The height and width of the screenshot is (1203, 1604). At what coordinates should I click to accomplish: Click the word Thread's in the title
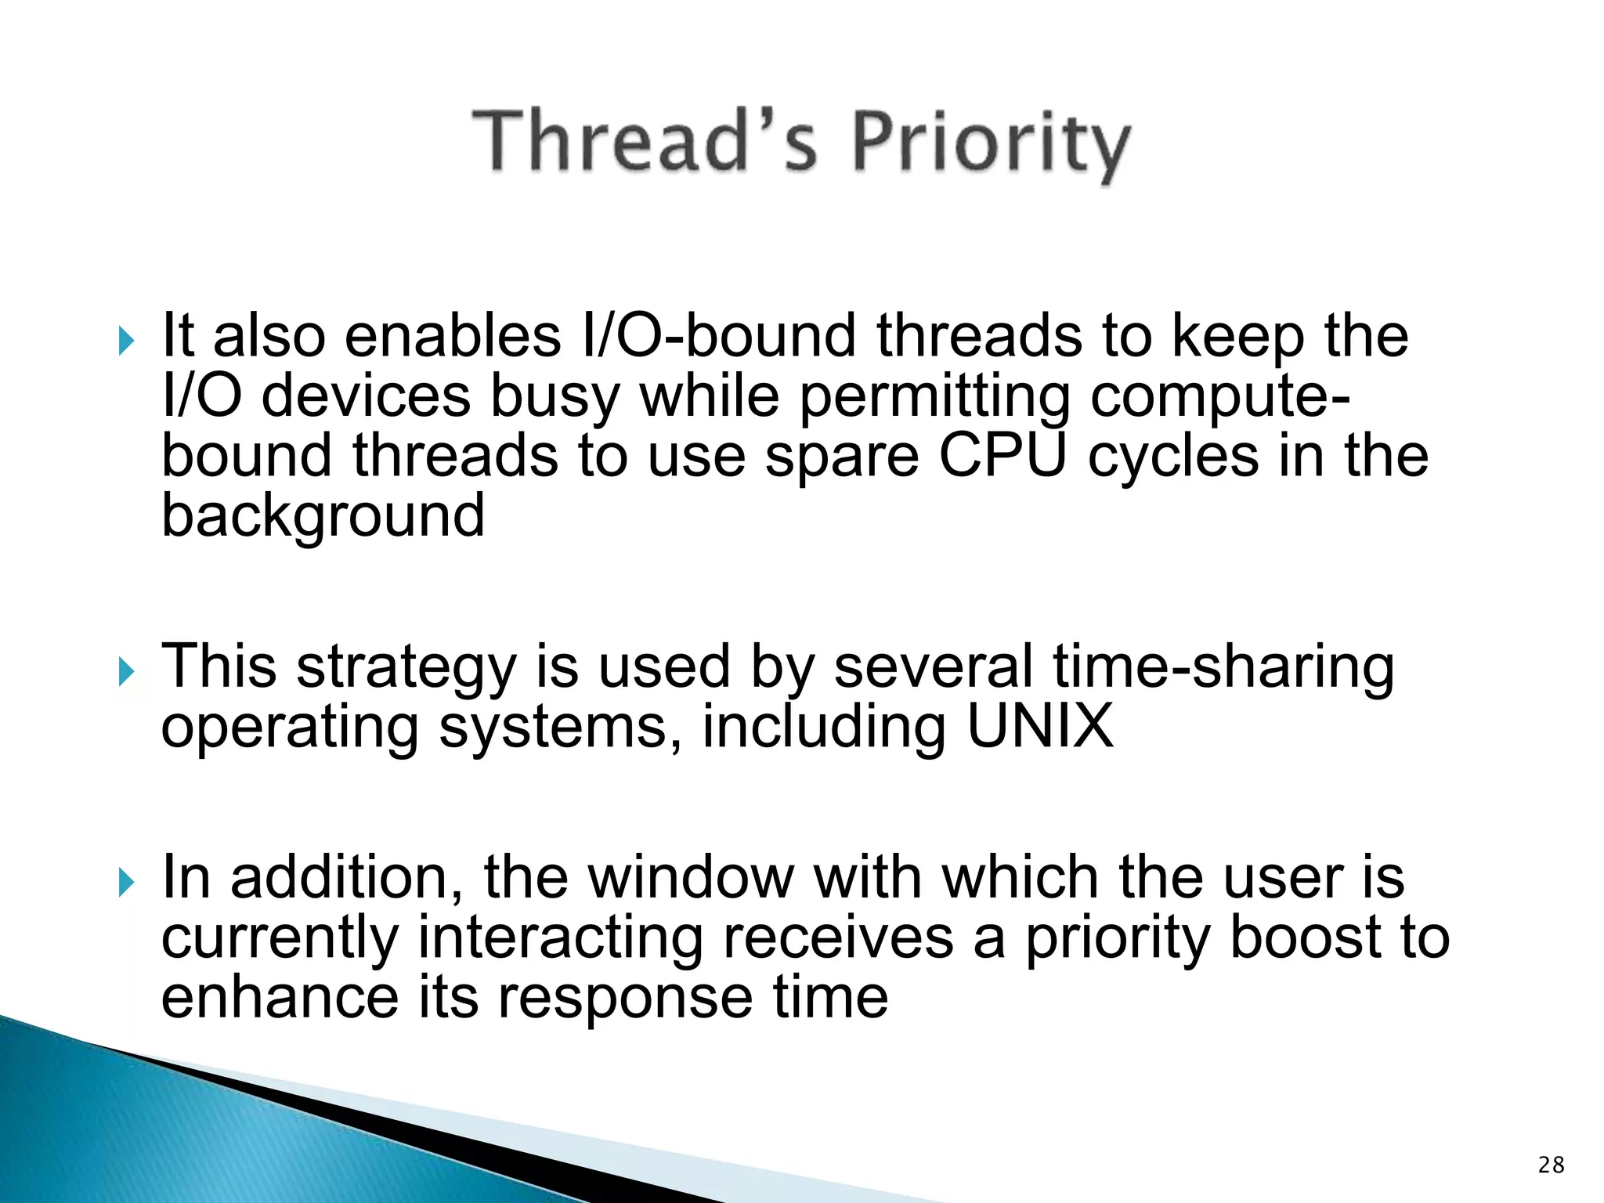click(645, 141)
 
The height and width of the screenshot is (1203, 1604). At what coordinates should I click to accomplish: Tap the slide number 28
click(1551, 1165)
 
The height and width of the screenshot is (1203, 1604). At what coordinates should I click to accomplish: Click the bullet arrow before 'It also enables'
click(126, 341)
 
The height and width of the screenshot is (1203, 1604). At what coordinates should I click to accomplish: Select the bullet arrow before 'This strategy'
click(126, 671)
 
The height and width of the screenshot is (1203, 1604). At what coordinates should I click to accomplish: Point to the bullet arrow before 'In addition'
click(126, 883)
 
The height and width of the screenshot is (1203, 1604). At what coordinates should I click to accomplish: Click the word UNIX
click(1039, 725)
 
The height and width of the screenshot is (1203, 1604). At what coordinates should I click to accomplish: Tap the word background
click(323, 517)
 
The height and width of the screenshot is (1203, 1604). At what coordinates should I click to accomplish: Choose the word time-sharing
click(1223, 667)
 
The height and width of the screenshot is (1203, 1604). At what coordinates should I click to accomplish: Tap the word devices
click(366, 396)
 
